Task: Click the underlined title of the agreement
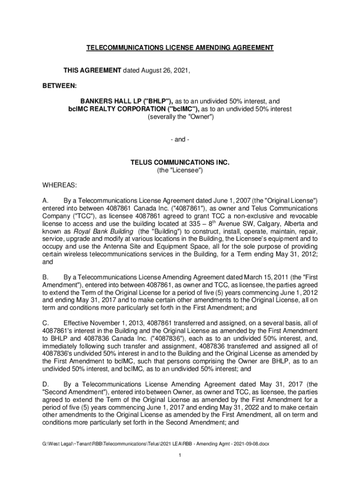pyautogui.click(x=180, y=48)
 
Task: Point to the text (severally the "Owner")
pyautogui.click(x=180, y=117)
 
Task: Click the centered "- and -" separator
pyautogui.click(x=180, y=140)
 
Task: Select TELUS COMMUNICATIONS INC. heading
pyautogui.click(x=180, y=163)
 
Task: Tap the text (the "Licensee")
pyautogui.click(x=180, y=171)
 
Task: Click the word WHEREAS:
pyautogui.click(x=58, y=185)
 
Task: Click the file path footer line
pyautogui.click(x=156, y=443)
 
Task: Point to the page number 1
pyautogui.click(x=180, y=456)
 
